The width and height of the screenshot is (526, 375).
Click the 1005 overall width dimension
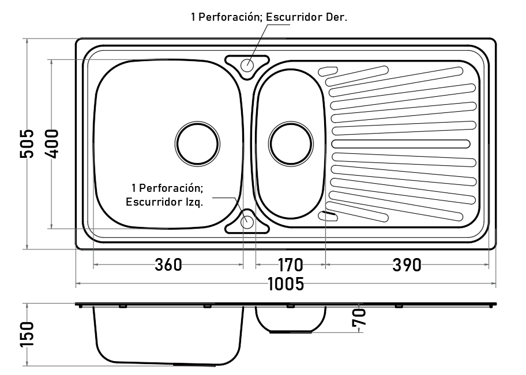(x=286, y=284)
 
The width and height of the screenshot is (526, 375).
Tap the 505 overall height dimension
(x=27, y=143)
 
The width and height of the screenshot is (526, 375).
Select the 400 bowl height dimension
(x=52, y=143)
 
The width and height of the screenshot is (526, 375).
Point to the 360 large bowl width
(x=168, y=265)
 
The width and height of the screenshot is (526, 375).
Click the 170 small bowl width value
(x=291, y=265)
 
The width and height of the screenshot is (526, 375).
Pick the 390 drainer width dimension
(x=407, y=265)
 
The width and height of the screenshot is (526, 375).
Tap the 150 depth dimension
(x=27, y=335)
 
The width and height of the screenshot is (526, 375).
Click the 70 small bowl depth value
(x=359, y=317)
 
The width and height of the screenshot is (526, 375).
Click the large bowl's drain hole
(x=197, y=144)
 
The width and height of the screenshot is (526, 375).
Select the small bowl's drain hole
(x=291, y=144)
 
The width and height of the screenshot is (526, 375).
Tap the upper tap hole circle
(x=247, y=65)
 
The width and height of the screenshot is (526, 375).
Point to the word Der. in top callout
(x=336, y=17)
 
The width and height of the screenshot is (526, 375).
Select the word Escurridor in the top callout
(x=294, y=17)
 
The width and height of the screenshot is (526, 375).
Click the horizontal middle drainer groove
(x=401, y=144)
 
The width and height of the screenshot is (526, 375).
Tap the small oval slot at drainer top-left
(x=328, y=71)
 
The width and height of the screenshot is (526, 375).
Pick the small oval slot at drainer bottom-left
(x=328, y=216)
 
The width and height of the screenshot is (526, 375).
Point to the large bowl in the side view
(x=168, y=335)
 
